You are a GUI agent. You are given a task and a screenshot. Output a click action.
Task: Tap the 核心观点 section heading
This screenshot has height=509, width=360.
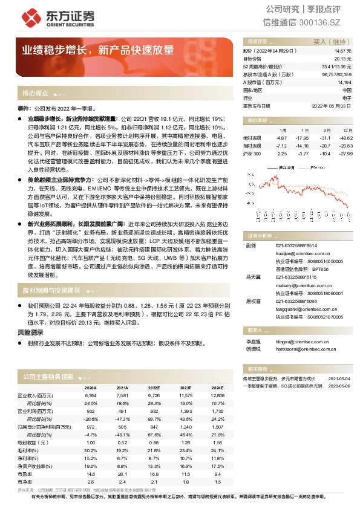click(35, 93)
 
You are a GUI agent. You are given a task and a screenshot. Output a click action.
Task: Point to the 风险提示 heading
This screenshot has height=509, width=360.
click(30, 332)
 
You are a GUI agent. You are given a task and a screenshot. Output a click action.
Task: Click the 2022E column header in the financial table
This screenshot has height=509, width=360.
click(153, 388)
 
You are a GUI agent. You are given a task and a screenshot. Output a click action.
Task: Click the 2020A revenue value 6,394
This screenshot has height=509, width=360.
click(91, 395)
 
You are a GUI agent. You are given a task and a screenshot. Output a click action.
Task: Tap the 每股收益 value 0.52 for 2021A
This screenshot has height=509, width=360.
click(122, 443)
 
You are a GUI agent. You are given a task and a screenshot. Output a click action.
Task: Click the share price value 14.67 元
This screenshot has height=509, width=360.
click(342, 52)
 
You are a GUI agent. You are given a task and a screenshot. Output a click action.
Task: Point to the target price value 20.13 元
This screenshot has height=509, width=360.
click(342, 59)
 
